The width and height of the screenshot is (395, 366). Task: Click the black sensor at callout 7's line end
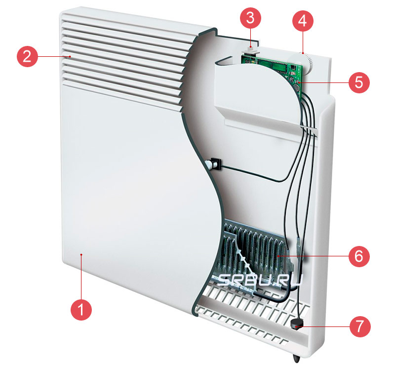297,324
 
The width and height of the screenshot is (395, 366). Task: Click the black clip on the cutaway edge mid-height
214,163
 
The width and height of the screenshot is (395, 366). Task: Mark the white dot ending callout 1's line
82,255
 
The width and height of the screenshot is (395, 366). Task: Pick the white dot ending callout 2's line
71,57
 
